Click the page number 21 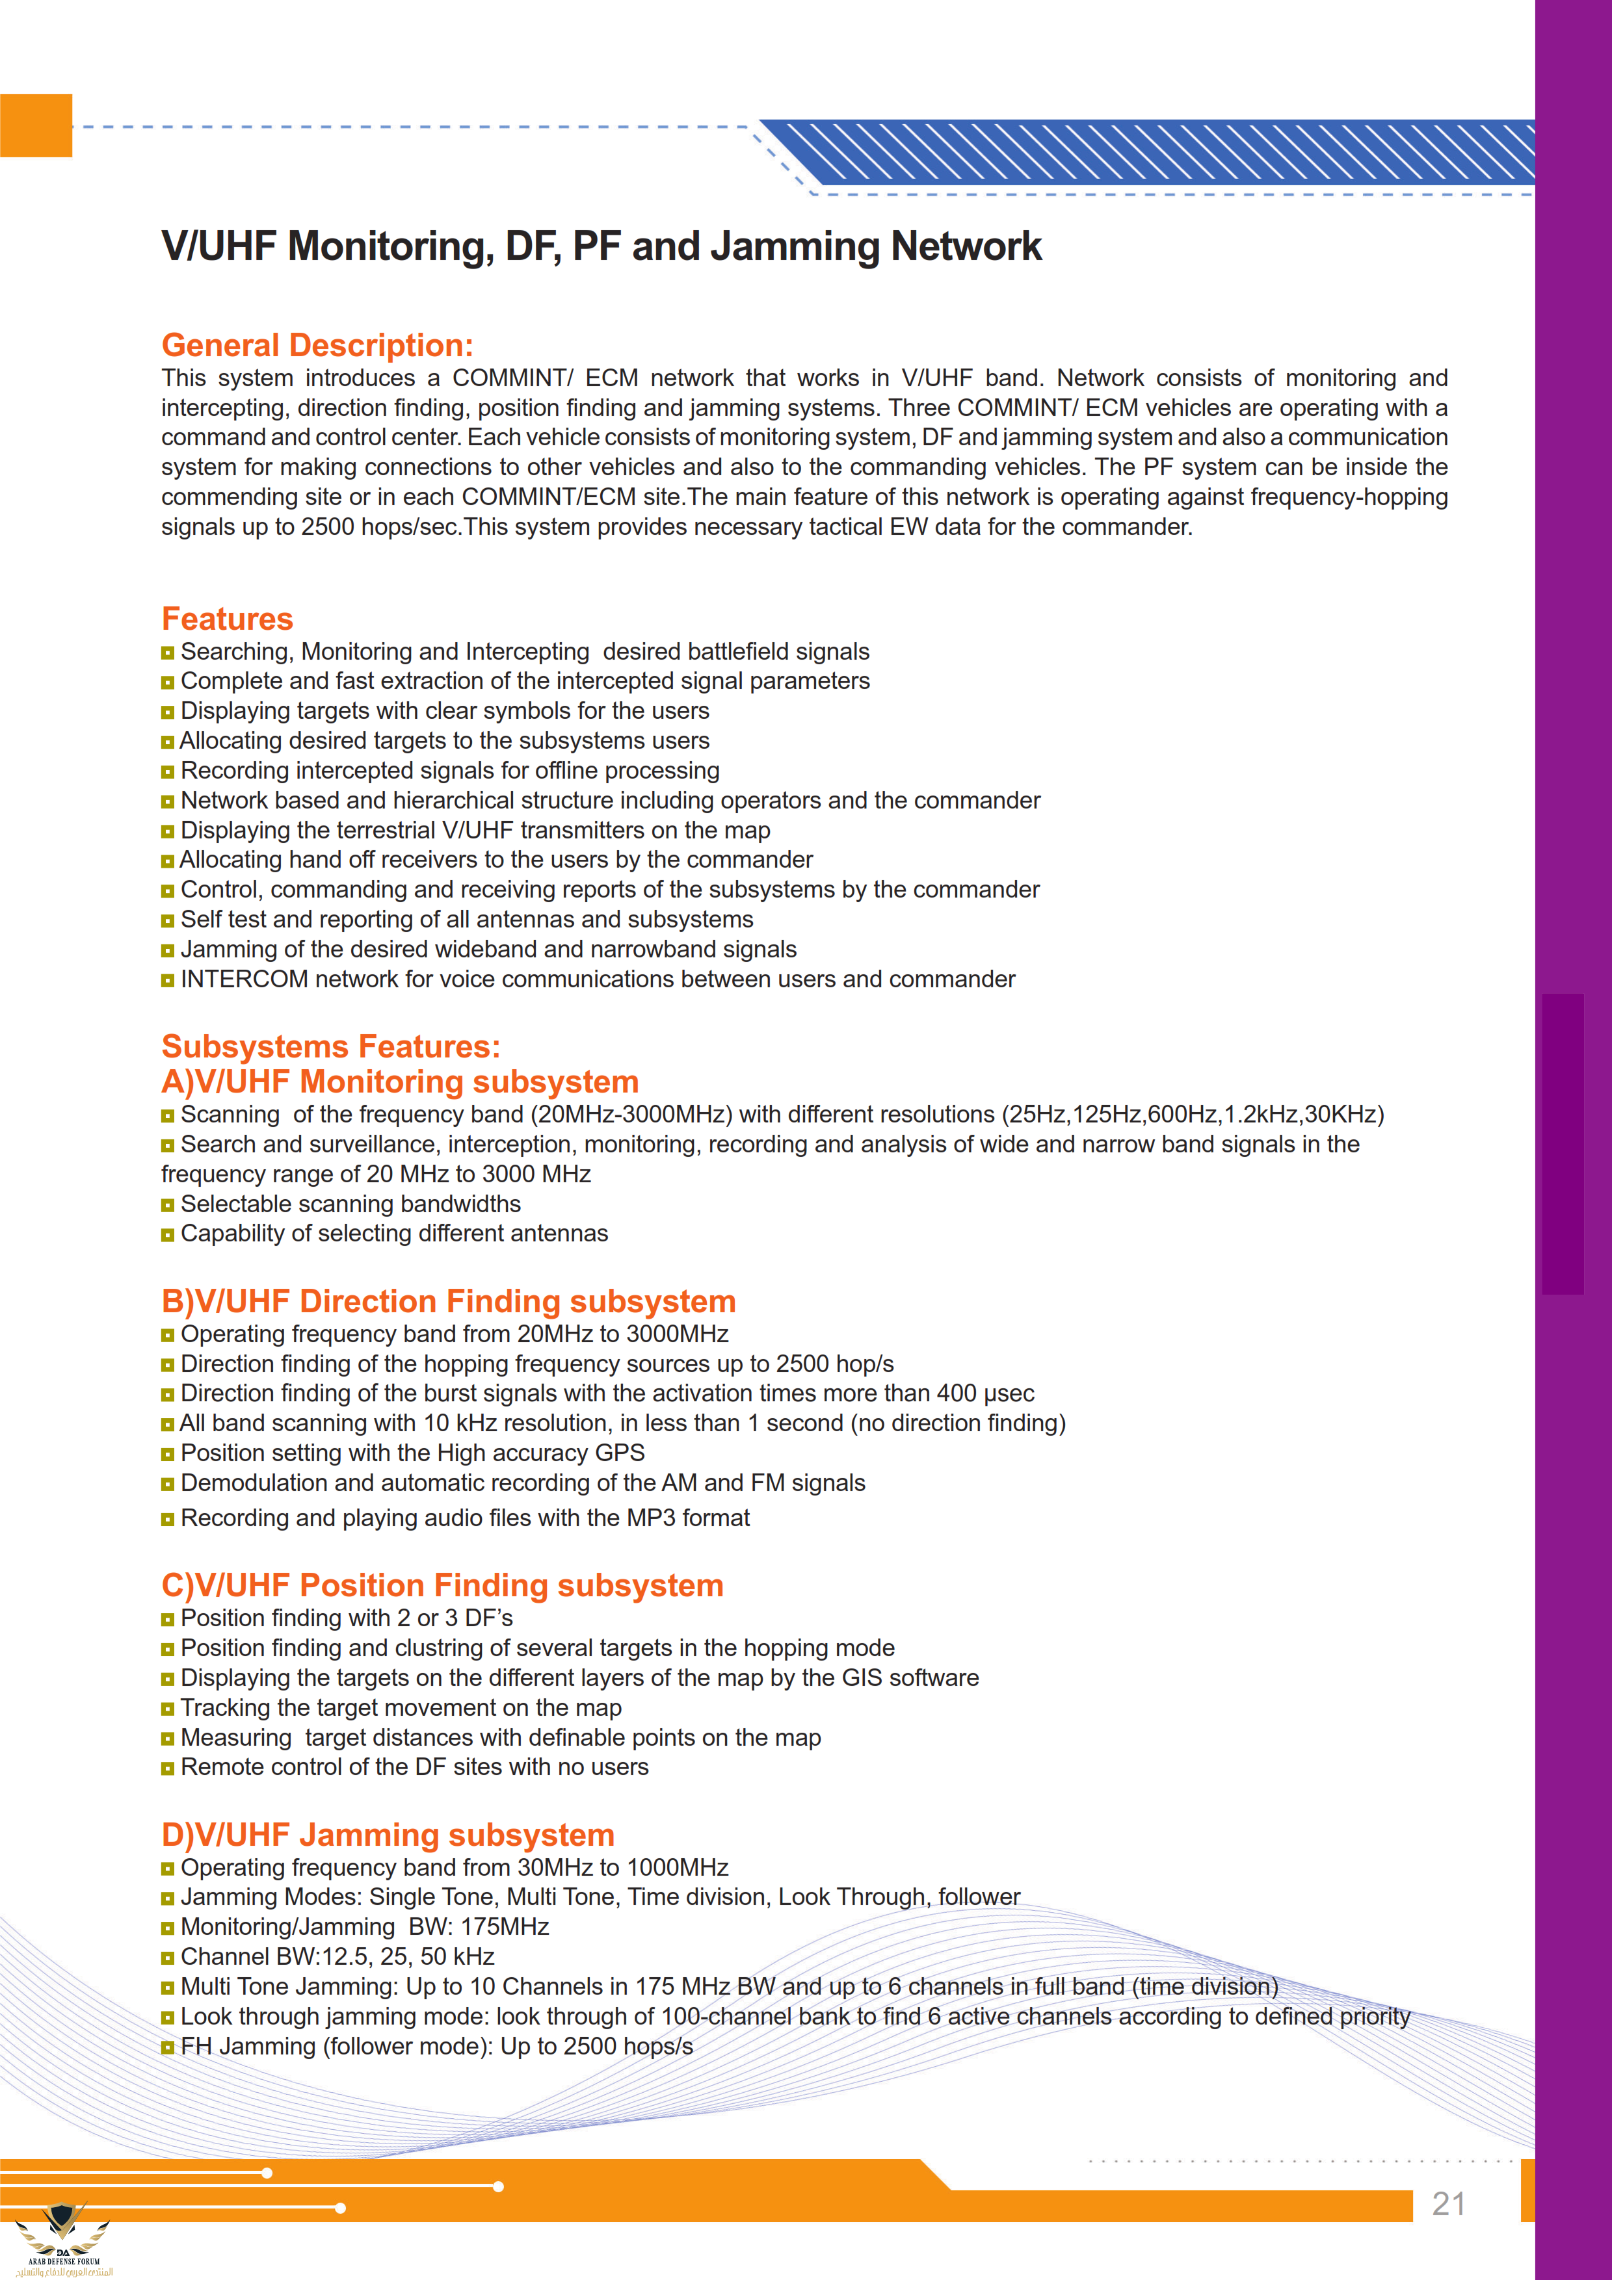pos(1448,2203)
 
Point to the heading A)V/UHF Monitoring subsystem pos(399,1082)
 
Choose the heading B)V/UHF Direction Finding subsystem pos(448,1301)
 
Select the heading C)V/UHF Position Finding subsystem pos(442,1585)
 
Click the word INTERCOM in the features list pos(243,979)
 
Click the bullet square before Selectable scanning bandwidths pos(168,1204)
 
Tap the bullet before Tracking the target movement pos(168,1709)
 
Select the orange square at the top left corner pos(36,125)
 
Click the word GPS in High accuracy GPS pos(620,1453)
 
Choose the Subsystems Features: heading pos(331,1046)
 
